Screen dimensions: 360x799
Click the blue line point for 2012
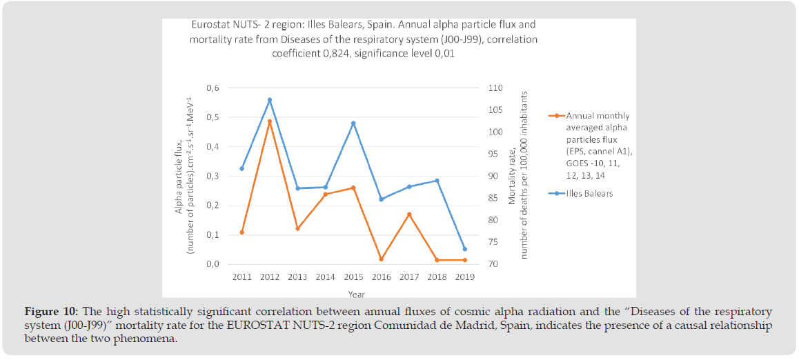(x=270, y=100)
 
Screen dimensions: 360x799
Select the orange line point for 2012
(x=270, y=121)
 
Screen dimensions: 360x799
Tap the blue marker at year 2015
(x=353, y=123)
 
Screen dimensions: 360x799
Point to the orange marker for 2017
(x=409, y=214)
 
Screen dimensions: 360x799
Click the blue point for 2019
(x=464, y=249)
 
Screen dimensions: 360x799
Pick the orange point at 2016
(x=381, y=259)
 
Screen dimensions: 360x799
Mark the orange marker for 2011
(x=241, y=232)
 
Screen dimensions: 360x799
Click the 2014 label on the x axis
(x=325, y=277)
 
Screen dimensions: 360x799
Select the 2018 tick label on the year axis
(x=437, y=277)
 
